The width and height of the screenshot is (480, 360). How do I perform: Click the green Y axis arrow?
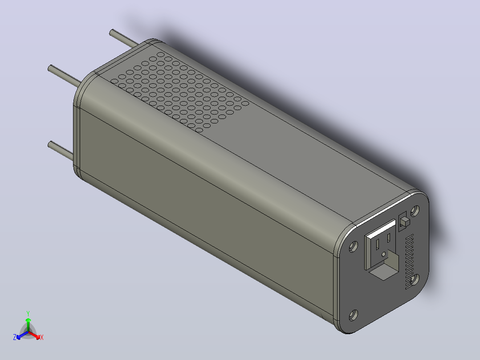tap(28, 325)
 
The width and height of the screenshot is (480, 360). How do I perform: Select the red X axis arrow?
tap(34, 335)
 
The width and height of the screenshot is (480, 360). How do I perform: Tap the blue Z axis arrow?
tap(22, 335)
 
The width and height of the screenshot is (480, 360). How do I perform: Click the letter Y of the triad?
tap(28, 313)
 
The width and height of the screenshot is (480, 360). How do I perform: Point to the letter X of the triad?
tap(42, 337)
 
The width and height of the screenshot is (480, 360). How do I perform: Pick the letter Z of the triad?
tap(15, 337)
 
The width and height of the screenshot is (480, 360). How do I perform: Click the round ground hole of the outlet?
tap(383, 254)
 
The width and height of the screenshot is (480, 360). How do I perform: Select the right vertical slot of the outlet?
tap(388, 237)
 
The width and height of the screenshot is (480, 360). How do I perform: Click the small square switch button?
tap(405, 222)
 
